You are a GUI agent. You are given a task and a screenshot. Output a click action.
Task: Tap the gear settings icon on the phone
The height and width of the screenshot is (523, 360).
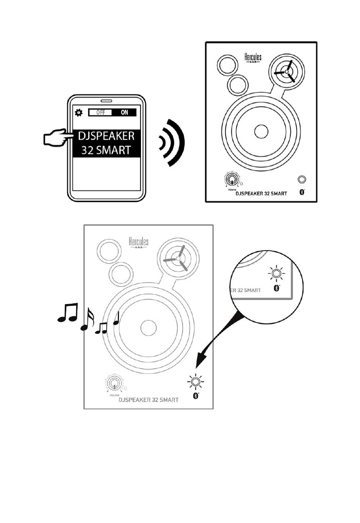(78, 112)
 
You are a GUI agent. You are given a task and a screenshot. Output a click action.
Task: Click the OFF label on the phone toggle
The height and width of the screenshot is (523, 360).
(100, 112)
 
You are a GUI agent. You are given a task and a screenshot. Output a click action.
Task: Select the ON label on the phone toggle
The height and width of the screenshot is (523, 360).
(124, 112)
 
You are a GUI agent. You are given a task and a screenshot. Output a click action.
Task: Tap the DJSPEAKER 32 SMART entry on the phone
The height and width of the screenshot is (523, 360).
(106, 143)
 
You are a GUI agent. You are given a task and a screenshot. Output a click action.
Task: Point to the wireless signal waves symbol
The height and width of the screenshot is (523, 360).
(172, 143)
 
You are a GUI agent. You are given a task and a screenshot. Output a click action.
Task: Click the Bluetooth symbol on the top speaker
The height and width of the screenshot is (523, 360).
(302, 192)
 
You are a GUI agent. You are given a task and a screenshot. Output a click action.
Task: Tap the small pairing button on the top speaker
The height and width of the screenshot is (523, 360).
(302, 179)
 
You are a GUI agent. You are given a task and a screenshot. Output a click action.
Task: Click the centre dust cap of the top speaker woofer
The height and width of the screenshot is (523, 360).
(261, 131)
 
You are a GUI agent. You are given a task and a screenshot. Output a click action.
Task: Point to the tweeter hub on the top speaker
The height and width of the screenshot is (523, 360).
(287, 71)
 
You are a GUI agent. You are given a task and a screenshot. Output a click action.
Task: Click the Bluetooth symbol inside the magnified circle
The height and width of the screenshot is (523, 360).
(276, 288)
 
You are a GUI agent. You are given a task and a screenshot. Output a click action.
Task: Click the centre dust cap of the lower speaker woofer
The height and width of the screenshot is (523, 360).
(148, 328)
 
